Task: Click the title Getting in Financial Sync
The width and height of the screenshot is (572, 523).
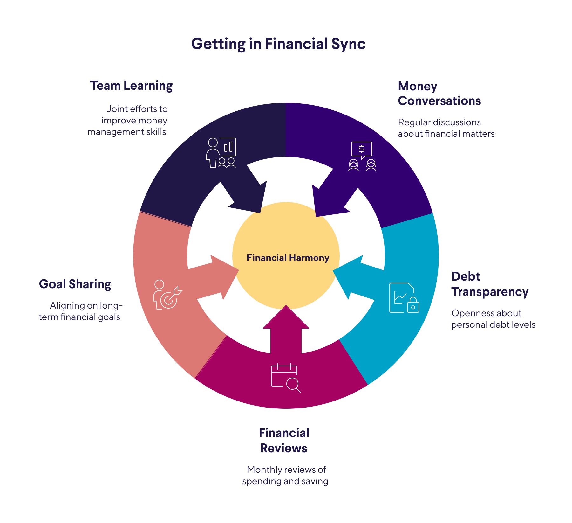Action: tap(278, 44)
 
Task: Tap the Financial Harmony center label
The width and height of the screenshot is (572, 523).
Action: tap(288, 258)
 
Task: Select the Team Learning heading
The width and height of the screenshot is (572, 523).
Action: tap(131, 86)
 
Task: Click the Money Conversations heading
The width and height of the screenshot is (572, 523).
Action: tap(439, 94)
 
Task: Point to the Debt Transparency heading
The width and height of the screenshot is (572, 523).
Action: tap(490, 284)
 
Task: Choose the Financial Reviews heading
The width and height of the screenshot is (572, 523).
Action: tap(284, 441)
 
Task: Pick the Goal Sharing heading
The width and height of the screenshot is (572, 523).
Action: tap(75, 284)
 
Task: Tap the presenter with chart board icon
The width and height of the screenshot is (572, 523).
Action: tap(221, 153)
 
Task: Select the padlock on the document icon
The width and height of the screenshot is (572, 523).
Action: tap(413, 305)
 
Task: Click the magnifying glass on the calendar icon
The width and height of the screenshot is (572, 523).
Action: tap(293, 384)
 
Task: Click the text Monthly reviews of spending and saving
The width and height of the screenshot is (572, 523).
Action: tap(285, 475)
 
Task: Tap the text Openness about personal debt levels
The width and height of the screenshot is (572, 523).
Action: tap(493, 319)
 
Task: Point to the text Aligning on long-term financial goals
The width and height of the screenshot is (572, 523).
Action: tap(80, 311)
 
